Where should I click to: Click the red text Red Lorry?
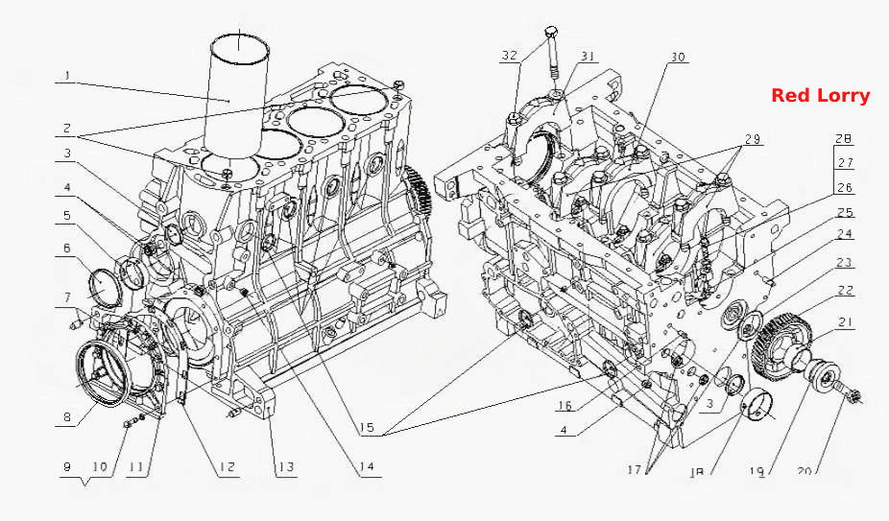821,96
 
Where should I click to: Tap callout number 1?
67,75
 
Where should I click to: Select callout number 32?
510,55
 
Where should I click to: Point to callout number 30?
678,57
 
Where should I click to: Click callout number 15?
367,428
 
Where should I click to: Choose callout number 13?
286,467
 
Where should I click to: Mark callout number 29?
753,139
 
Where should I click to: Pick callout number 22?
846,291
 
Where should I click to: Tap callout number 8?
67,417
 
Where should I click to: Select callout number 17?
634,469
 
